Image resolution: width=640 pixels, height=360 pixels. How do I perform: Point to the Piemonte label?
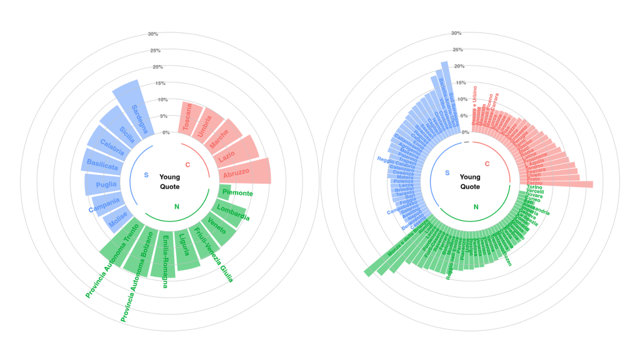[x=237, y=193]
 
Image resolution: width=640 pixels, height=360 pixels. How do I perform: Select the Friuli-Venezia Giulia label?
[x=214, y=255]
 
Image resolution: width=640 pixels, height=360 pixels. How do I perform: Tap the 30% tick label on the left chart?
[x=152, y=34]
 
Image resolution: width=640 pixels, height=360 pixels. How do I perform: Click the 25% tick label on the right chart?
[x=457, y=50]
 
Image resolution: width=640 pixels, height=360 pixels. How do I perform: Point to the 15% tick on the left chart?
[x=160, y=83]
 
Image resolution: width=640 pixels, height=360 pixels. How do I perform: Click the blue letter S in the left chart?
[x=146, y=175]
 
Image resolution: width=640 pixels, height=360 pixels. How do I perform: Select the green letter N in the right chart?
[x=476, y=207]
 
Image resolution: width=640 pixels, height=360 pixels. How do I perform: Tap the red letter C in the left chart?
[x=188, y=164]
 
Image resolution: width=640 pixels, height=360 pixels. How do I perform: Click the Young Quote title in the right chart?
[x=470, y=182]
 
